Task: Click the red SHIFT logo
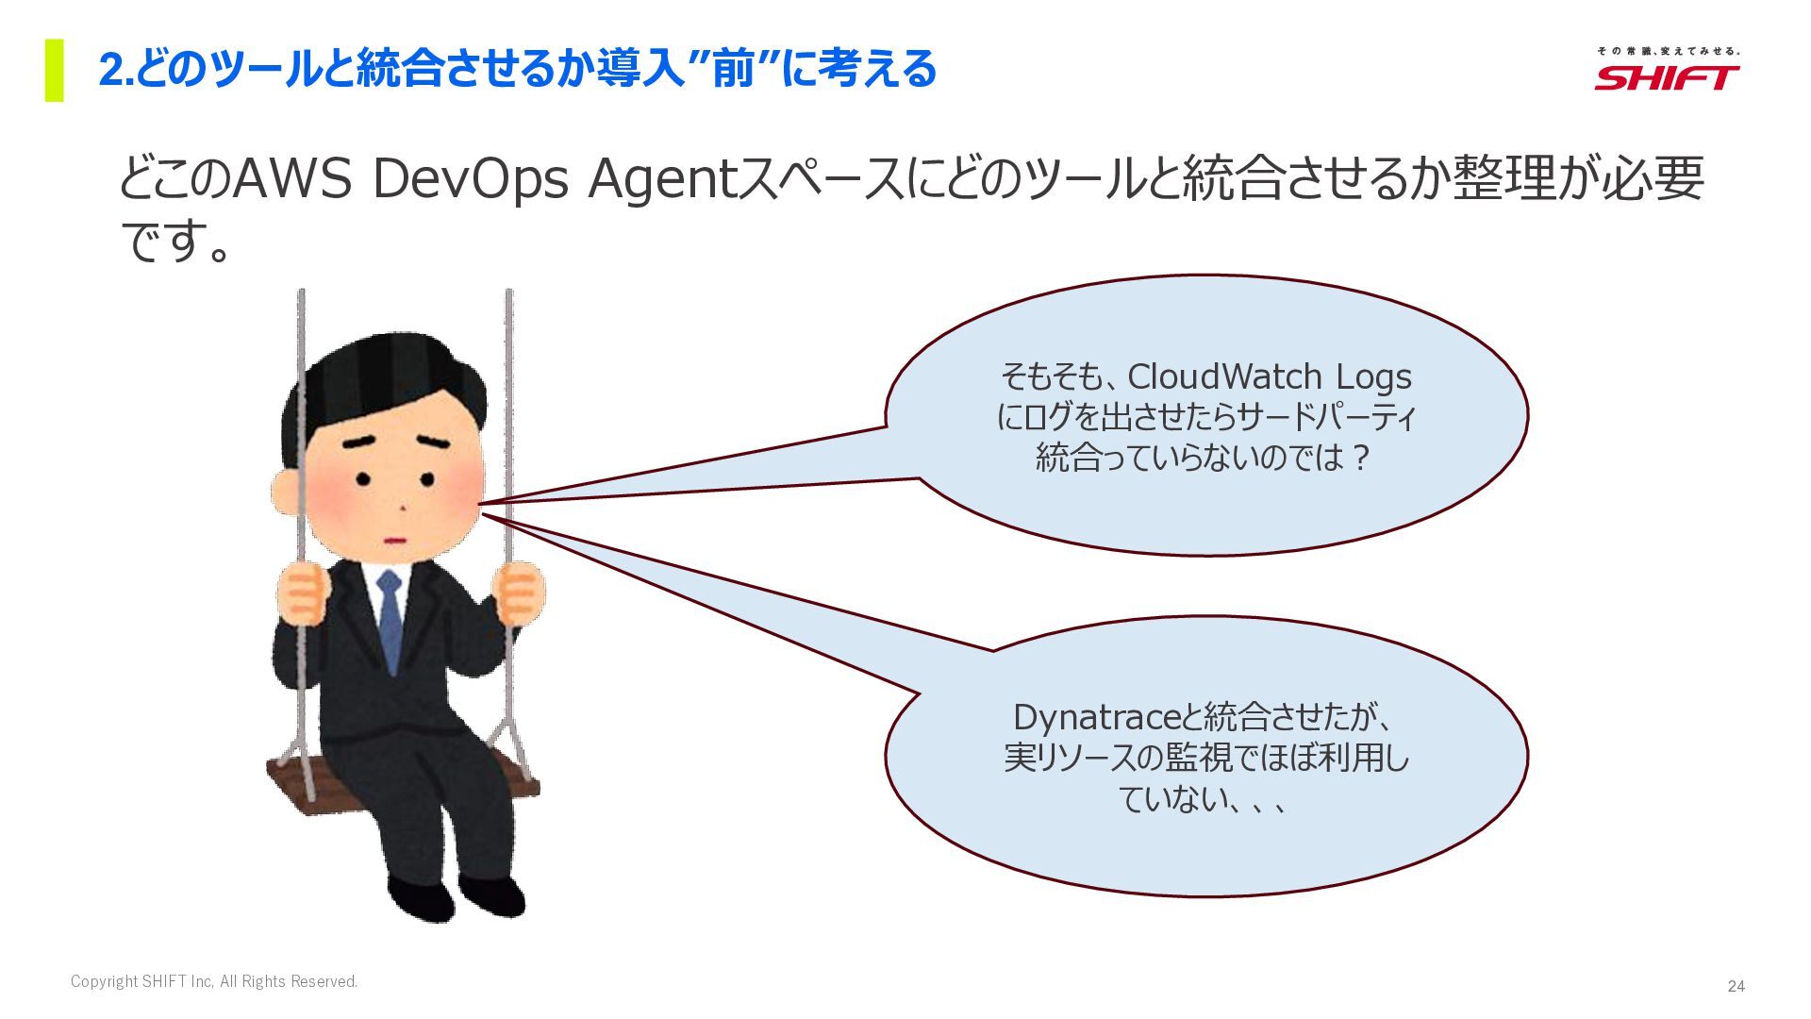click(1667, 77)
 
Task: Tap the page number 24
click(1736, 986)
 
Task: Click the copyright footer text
click(214, 981)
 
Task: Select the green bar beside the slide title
click(55, 70)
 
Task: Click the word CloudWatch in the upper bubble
click(1224, 376)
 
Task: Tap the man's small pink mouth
click(394, 541)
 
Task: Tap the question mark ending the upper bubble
click(1359, 458)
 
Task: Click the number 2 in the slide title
click(111, 70)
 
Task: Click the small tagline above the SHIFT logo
click(1668, 51)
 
